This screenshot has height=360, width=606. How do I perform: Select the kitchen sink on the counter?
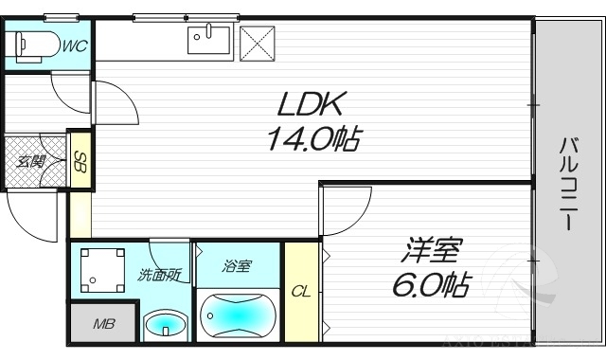tap(209, 42)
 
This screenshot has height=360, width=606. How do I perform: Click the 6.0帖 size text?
tap(431, 285)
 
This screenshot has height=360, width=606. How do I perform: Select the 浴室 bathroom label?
tap(237, 266)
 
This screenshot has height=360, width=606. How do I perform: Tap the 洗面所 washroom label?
tap(158, 276)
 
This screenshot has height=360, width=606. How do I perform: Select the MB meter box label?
tap(103, 324)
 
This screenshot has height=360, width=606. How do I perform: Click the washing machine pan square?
tap(102, 269)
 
